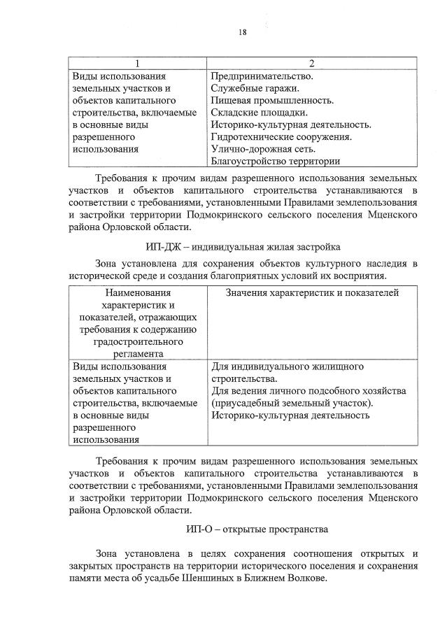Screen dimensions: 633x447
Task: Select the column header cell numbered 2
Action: click(312, 63)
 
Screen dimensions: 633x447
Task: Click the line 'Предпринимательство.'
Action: click(262, 76)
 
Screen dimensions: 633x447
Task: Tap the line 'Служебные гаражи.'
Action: click(255, 88)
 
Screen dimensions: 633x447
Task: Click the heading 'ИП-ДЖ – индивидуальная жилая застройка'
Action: click(243, 246)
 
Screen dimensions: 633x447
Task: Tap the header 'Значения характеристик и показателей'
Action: click(312, 292)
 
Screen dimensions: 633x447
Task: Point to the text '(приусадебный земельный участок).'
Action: click(292, 403)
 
